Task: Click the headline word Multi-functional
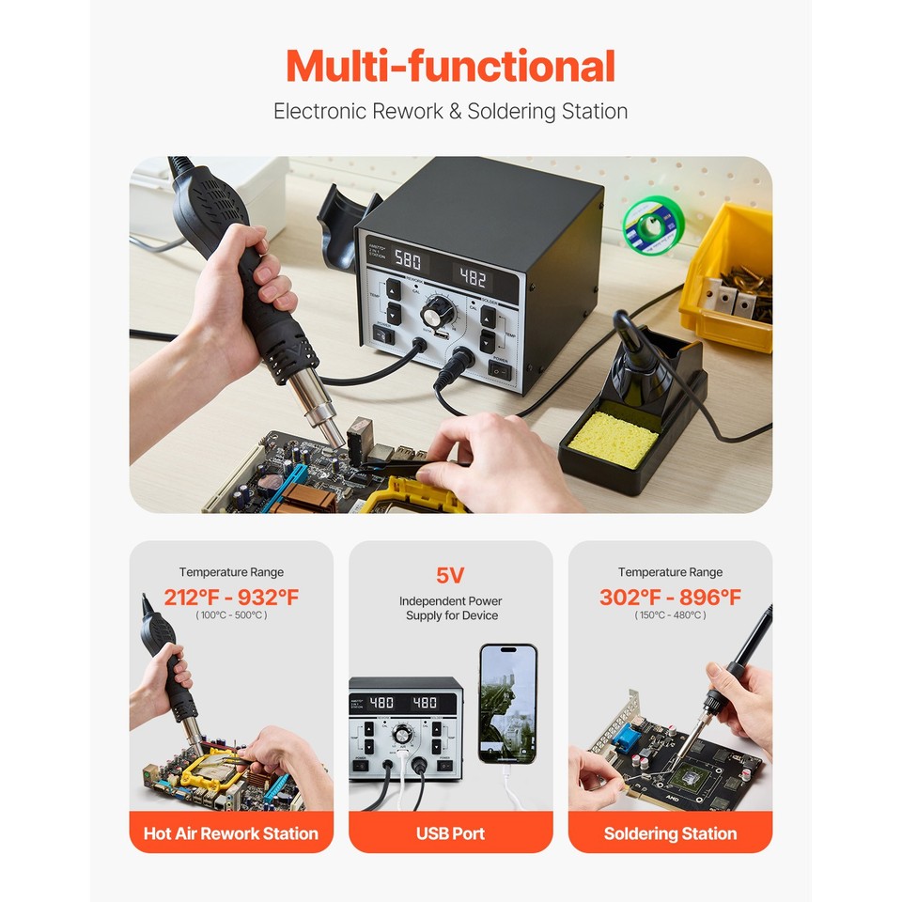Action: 450,67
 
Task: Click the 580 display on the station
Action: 407,259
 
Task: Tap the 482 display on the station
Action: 472,278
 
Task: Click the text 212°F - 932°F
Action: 231,598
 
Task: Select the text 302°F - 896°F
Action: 670,598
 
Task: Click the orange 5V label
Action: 450,575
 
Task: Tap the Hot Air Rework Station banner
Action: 231,833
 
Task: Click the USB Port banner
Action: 450,833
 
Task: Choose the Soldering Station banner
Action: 670,833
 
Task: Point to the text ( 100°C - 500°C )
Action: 231,615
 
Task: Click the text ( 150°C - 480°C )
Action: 670,615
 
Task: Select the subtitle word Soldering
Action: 512,112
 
